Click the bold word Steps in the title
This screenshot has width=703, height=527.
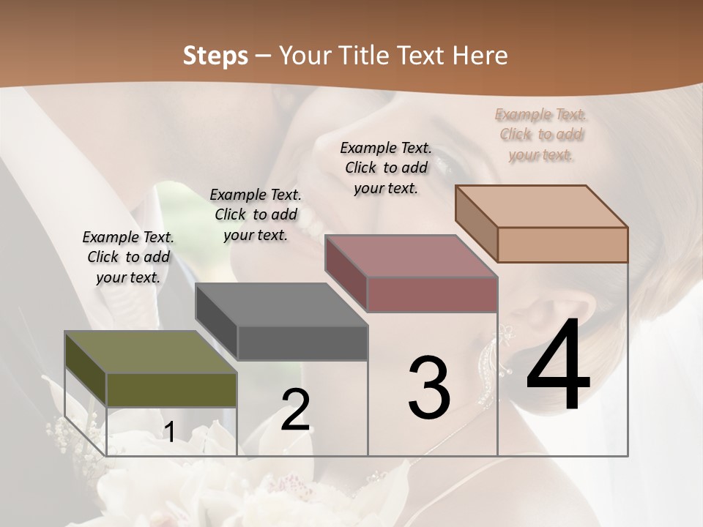(215, 56)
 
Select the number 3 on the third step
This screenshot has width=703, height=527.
(429, 389)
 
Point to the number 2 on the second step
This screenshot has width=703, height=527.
(295, 411)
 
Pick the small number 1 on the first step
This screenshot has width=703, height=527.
(169, 433)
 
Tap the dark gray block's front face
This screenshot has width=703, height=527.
(302, 343)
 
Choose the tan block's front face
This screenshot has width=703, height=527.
(562, 244)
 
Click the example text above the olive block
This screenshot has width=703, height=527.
(128, 257)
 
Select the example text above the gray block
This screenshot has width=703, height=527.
(256, 214)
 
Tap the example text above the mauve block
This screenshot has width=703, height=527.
(386, 168)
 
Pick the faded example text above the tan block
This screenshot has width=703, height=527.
(540, 134)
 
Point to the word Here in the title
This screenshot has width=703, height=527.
(482, 56)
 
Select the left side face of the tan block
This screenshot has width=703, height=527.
(476, 224)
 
